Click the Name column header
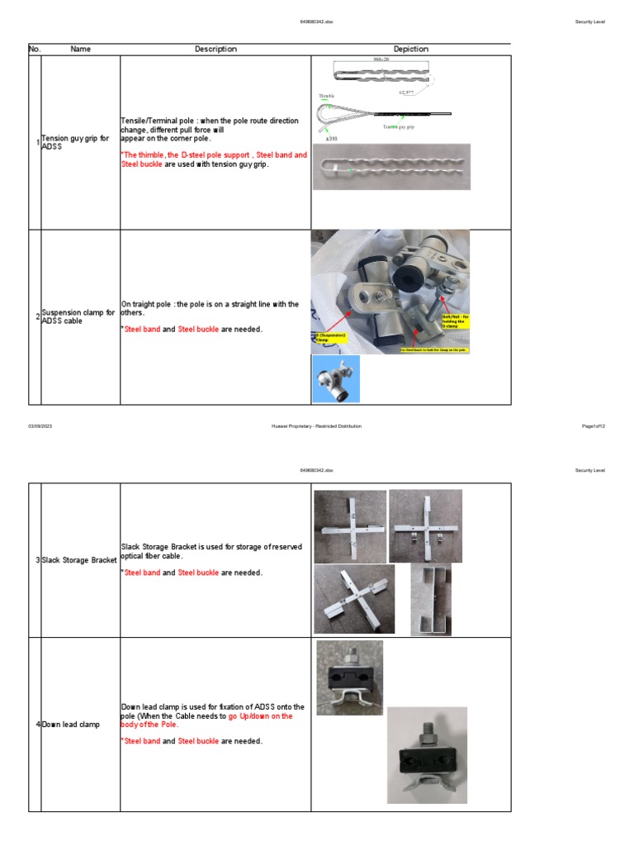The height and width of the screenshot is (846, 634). (80, 50)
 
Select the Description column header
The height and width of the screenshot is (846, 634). (215, 50)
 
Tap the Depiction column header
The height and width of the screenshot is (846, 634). (410, 50)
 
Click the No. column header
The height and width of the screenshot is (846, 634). (34, 50)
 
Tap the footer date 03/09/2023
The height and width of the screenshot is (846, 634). (40, 425)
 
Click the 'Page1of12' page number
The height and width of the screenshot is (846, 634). (594, 425)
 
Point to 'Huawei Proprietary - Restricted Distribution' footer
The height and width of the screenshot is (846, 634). (316, 425)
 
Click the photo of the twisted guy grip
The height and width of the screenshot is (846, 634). (391, 167)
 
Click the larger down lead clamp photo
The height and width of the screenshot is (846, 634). (426, 754)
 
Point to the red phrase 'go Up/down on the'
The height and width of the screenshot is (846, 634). (261, 716)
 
